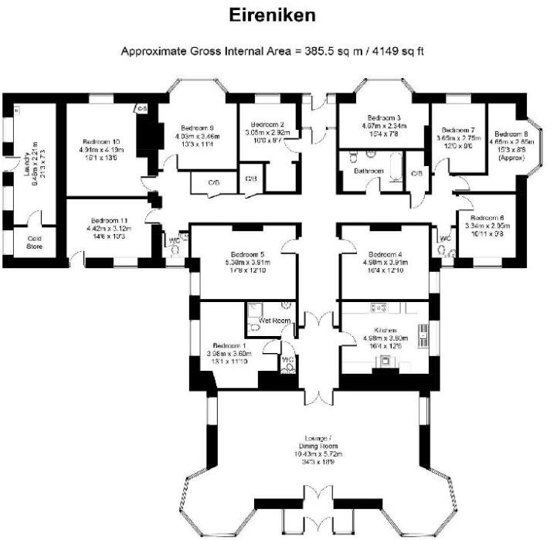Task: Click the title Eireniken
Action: (x=274, y=15)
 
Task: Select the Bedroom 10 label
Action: (x=101, y=141)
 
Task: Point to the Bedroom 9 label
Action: (x=197, y=127)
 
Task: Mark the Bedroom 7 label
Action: (x=457, y=130)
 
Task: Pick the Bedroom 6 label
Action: (x=487, y=218)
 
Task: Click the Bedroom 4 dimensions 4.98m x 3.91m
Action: (x=385, y=263)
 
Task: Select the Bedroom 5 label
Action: (x=246, y=254)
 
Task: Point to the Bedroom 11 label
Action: (x=108, y=219)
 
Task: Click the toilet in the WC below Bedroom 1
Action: (x=289, y=366)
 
